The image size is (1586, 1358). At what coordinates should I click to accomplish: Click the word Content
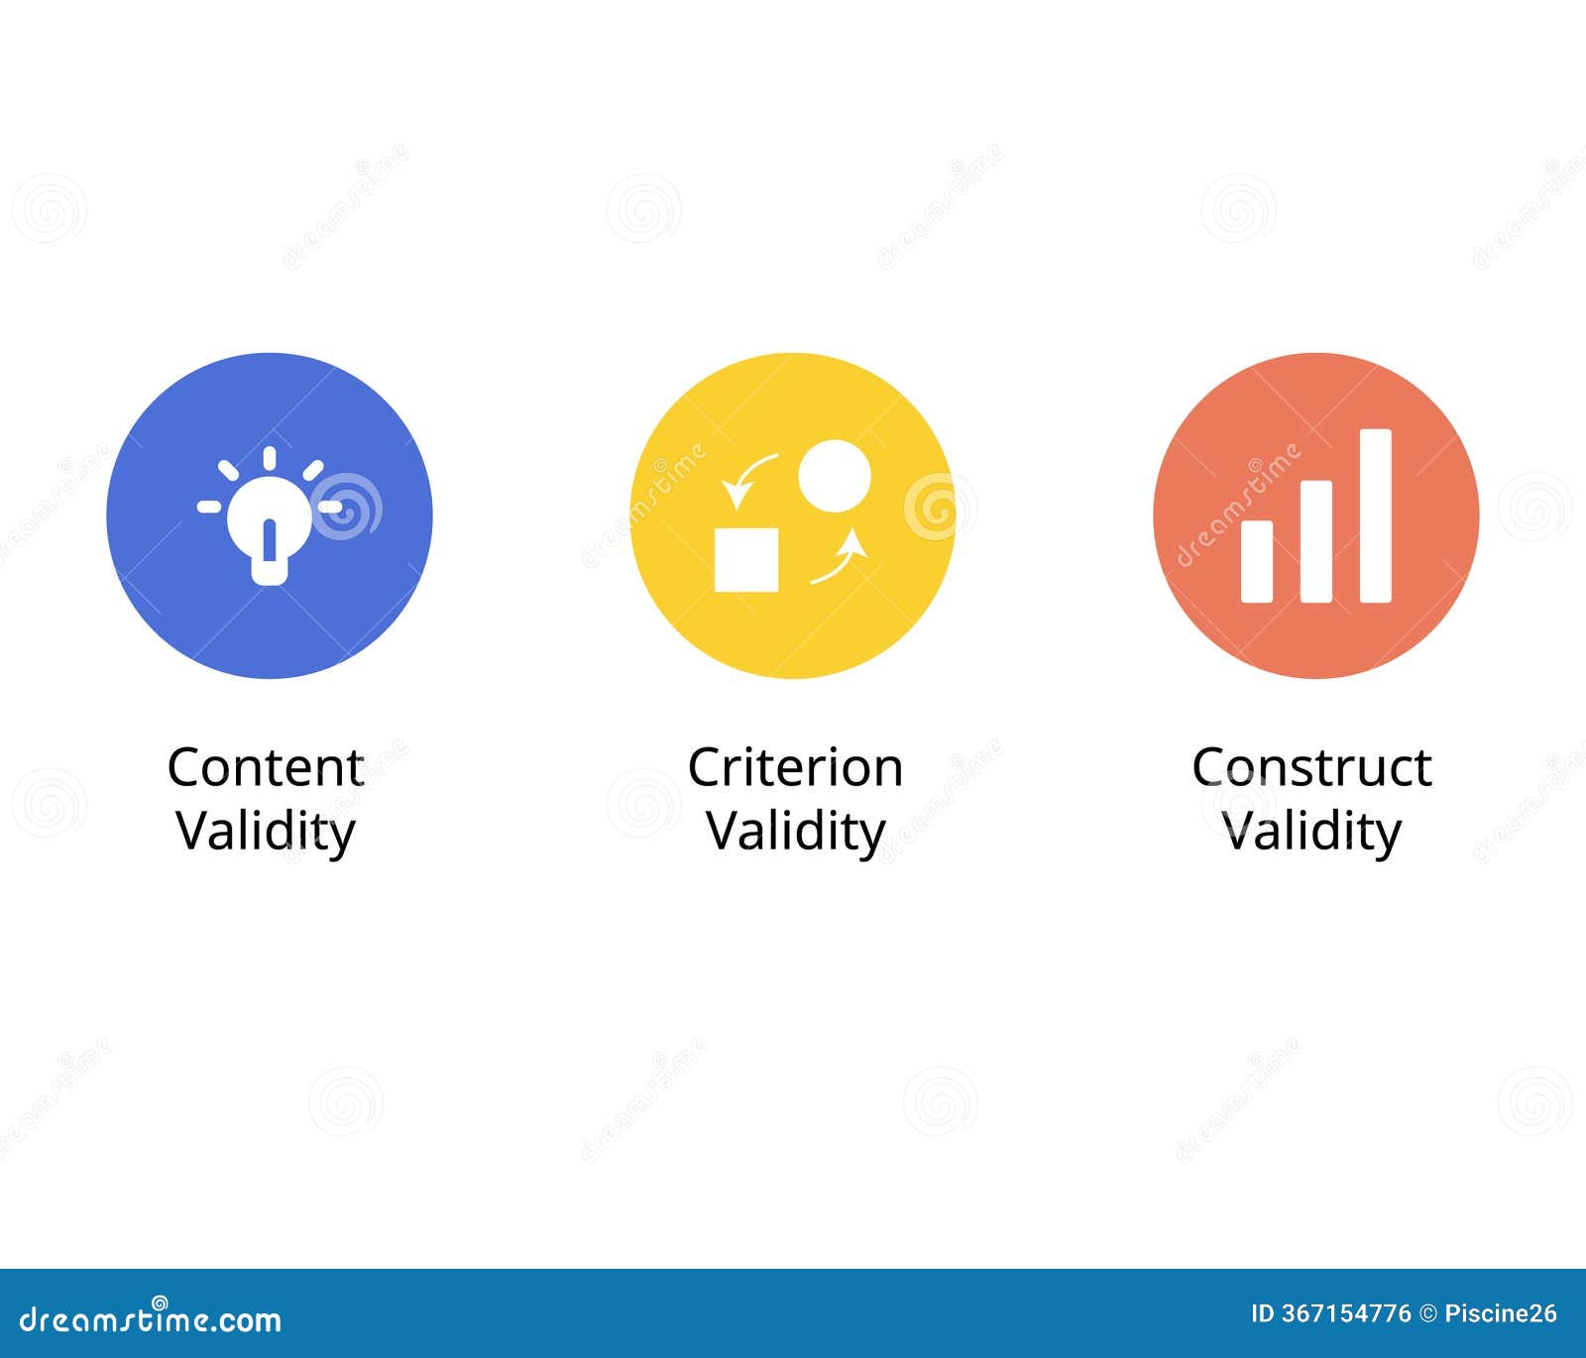[266, 767]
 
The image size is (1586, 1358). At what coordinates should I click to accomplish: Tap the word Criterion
[795, 767]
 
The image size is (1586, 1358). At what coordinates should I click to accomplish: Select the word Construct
[1311, 767]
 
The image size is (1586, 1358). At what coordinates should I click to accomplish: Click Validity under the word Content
[266, 831]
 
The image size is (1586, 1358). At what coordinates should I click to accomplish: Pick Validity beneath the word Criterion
[796, 831]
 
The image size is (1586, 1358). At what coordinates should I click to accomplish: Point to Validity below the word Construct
[1312, 831]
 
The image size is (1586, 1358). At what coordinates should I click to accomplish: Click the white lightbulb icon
[270, 516]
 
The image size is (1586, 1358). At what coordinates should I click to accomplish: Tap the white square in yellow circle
[746, 560]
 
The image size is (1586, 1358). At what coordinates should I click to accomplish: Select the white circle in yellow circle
[835, 476]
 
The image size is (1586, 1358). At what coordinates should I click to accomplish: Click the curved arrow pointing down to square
[745, 476]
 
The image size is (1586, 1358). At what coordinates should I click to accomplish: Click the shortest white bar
[1257, 561]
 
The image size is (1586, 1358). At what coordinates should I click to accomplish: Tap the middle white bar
[1316, 541]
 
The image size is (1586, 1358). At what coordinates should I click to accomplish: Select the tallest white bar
[1376, 515]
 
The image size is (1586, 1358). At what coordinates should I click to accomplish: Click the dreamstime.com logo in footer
[151, 1317]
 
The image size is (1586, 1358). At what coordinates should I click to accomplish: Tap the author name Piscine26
[1501, 1313]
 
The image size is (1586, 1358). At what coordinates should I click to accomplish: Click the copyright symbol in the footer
[1428, 1314]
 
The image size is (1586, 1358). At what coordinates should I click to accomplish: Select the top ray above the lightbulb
[270, 460]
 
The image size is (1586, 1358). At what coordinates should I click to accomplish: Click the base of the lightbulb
[270, 571]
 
